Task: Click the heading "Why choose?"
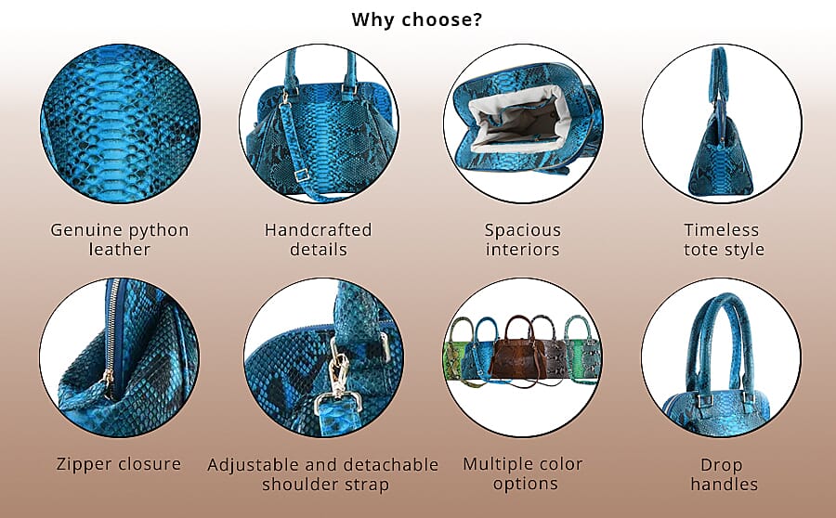[x=417, y=19]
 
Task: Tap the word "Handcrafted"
[x=318, y=230]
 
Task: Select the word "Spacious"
[x=523, y=230]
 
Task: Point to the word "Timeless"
[x=722, y=230]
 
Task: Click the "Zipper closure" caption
[x=118, y=464]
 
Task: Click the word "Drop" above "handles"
[x=722, y=464]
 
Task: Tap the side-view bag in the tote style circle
[x=721, y=139]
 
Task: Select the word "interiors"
[x=523, y=250]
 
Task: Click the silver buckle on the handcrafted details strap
[x=301, y=174]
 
